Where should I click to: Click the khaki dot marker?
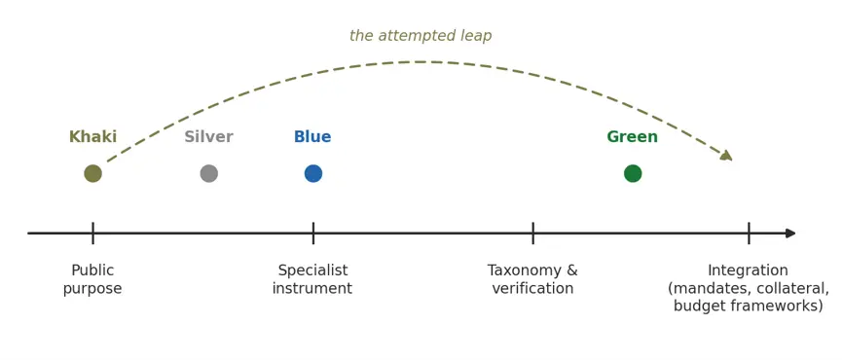point(92,173)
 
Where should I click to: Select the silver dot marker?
point(209,173)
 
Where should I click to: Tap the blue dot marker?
point(313,173)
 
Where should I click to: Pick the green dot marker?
point(633,173)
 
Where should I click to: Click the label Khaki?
point(92,137)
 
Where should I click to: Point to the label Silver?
point(209,137)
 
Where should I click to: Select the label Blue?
point(312,137)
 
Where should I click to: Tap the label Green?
point(633,137)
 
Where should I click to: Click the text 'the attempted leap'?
point(421,36)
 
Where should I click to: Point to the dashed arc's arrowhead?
point(726,156)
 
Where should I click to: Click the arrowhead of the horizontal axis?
point(790,234)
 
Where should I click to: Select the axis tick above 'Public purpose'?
point(92,234)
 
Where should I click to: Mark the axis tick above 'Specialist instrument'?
point(313,234)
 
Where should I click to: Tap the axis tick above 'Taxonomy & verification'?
point(532,234)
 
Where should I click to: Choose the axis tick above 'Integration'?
point(749,234)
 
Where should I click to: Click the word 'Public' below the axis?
point(92,270)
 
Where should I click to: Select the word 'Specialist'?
point(313,270)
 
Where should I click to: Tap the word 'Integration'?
point(748,270)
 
